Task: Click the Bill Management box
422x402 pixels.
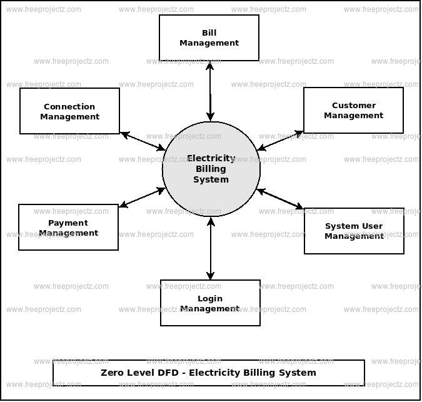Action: tap(209, 38)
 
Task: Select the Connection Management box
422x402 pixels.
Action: tap(69, 111)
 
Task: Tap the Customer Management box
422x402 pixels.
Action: tap(353, 110)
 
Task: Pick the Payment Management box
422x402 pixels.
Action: tap(68, 227)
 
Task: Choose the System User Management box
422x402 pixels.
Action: tap(354, 231)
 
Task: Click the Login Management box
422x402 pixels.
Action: tap(210, 303)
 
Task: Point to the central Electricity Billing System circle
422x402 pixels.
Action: tap(211, 169)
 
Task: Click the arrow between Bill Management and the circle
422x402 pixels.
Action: tap(210, 91)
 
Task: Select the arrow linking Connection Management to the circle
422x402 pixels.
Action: tap(143, 141)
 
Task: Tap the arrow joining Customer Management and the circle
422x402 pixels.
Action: tap(281, 141)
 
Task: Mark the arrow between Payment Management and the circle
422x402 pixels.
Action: tap(142, 197)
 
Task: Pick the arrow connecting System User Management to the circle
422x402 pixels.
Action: tap(280, 198)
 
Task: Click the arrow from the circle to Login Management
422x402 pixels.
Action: tap(211, 248)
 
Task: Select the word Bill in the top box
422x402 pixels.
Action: tap(209, 33)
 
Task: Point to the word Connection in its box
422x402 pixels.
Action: tap(69, 106)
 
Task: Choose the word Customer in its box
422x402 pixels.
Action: tap(353, 105)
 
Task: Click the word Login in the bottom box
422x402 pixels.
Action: tap(210, 298)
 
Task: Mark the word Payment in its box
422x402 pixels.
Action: tap(68, 223)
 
